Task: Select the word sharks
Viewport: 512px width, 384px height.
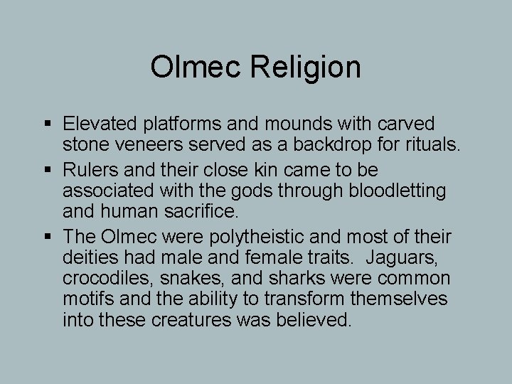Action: (262, 277)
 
